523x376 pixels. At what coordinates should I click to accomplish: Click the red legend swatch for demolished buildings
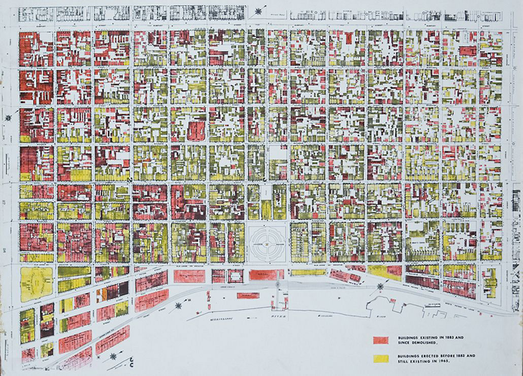(380, 340)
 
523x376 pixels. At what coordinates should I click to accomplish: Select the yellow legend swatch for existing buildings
(380, 358)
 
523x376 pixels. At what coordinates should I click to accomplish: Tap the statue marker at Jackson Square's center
(267, 242)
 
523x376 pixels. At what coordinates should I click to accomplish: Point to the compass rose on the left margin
(8, 118)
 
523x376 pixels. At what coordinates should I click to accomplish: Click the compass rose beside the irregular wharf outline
(379, 288)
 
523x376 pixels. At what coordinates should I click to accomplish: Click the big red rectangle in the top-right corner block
(468, 51)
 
